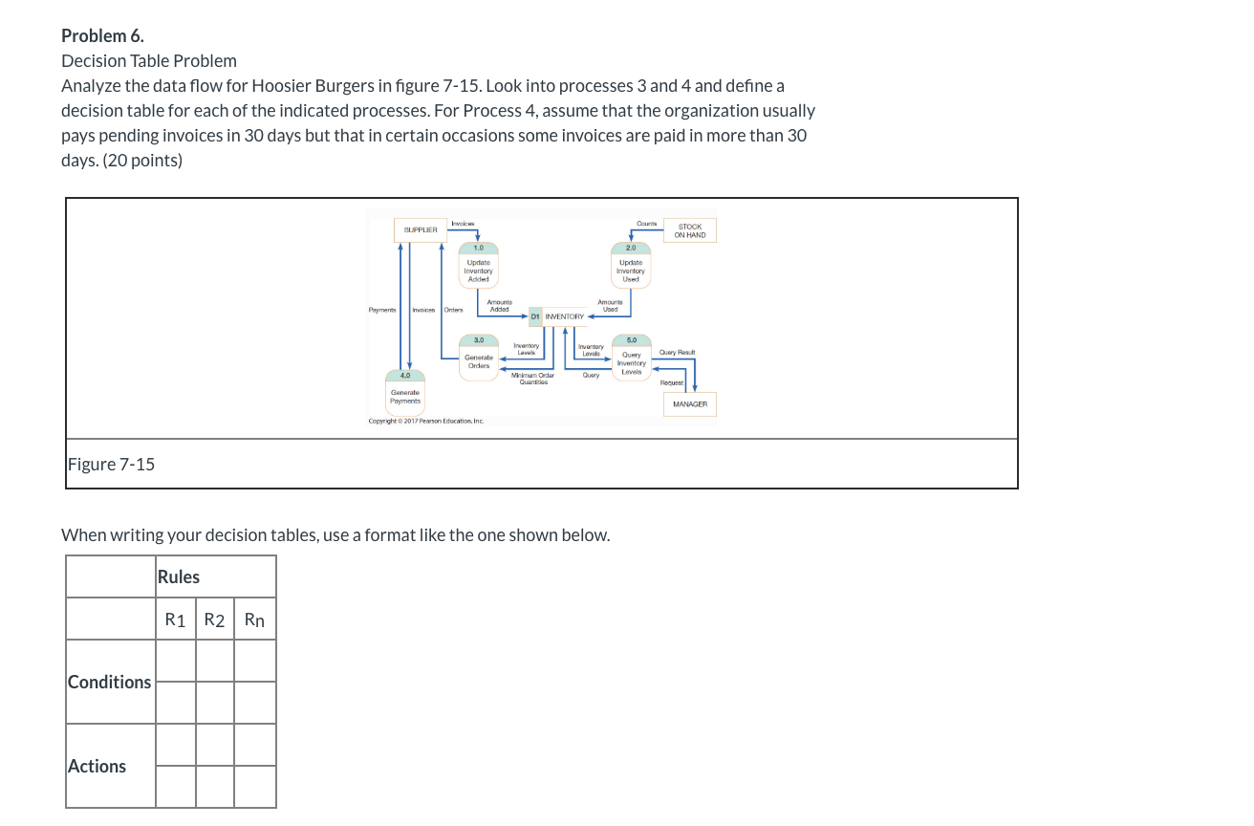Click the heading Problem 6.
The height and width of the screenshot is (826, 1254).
click(102, 36)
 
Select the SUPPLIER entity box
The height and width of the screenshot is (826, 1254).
click(421, 230)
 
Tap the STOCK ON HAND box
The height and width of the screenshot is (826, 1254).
click(689, 231)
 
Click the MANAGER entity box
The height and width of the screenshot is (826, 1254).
click(689, 404)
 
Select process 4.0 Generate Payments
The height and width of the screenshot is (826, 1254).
click(405, 394)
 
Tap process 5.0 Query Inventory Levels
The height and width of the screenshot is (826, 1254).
click(631, 359)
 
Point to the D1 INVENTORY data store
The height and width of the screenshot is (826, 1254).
click(558, 316)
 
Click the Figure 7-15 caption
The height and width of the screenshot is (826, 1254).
click(111, 465)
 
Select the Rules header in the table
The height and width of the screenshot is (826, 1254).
click(179, 576)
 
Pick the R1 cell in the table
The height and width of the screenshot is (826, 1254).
click(176, 619)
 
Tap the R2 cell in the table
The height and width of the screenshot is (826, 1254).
click(215, 619)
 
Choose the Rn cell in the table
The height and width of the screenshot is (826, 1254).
click(254, 619)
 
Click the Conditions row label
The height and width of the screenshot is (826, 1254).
click(109, 682)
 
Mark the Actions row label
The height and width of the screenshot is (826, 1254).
click(97, 766)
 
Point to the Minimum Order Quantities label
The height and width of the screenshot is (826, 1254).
click(532, 378)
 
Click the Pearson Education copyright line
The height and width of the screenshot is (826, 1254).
click(426, 421)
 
